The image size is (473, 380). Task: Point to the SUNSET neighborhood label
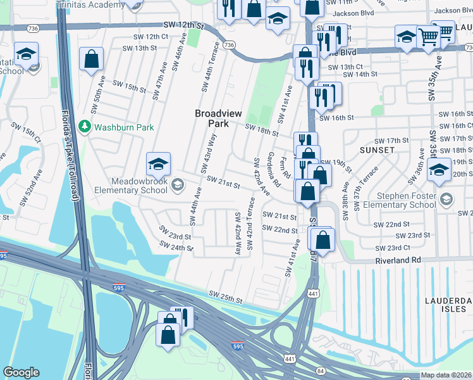click(x=377, y=150)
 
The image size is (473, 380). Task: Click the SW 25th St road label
click(x=226, y=297)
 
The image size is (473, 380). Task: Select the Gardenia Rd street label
click(x=273, y=169)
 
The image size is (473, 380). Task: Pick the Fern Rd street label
click(x=285, y=167)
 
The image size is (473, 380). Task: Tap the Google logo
click(x=21, y=372)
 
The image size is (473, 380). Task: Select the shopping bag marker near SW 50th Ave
click(x=92, y=60)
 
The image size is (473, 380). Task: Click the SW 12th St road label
click(x=185, y=25)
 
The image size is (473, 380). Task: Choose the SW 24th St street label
click(x=176, y=248)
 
